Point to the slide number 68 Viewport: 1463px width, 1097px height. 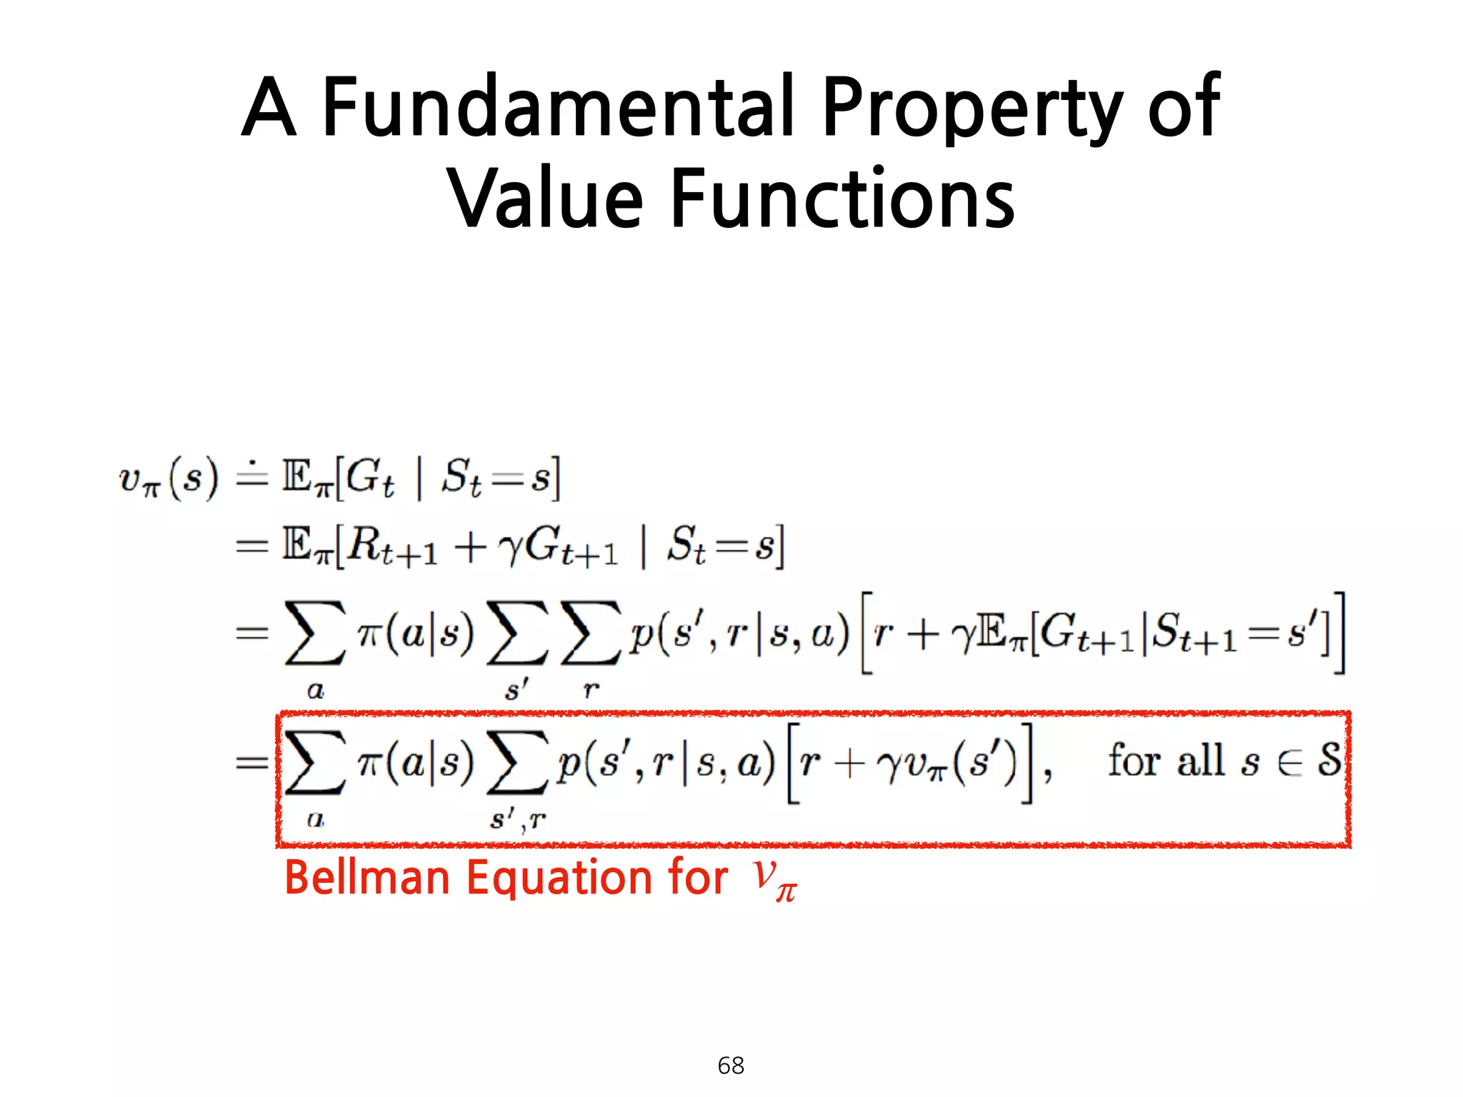click(x=731, y=1065)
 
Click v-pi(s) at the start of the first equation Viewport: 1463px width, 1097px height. click(x=169, y=479)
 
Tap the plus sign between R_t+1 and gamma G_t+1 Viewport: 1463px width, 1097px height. click(x=470, y=548)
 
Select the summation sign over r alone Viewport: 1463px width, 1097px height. click(x=590, y=633)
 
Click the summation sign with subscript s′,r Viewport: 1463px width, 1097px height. click(x=517, y=763)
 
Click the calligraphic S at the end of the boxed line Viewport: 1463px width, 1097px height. click(x=1329, y=760)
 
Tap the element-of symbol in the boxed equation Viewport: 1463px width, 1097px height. click(x=1290, y=763)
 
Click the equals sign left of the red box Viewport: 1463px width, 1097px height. click(x=252, y=763)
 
